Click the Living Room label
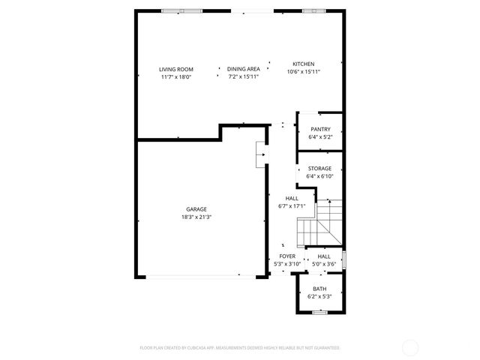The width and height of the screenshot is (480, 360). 175,69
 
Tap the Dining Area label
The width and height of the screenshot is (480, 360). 243,69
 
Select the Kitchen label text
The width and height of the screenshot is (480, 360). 303,64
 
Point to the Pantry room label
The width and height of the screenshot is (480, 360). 319,129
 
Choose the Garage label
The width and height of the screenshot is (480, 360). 196,209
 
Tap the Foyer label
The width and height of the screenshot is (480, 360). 287,256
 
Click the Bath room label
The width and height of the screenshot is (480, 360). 319,289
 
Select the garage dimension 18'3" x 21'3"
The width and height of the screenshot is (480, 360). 196,217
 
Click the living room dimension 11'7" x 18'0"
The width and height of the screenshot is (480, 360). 175,76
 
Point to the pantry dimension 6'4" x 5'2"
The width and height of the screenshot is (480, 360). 319,137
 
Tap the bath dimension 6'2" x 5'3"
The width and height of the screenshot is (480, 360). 319,296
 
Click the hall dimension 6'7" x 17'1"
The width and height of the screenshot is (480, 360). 292,205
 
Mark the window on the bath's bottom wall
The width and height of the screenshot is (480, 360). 319,312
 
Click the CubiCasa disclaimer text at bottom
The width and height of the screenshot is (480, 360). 240,348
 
